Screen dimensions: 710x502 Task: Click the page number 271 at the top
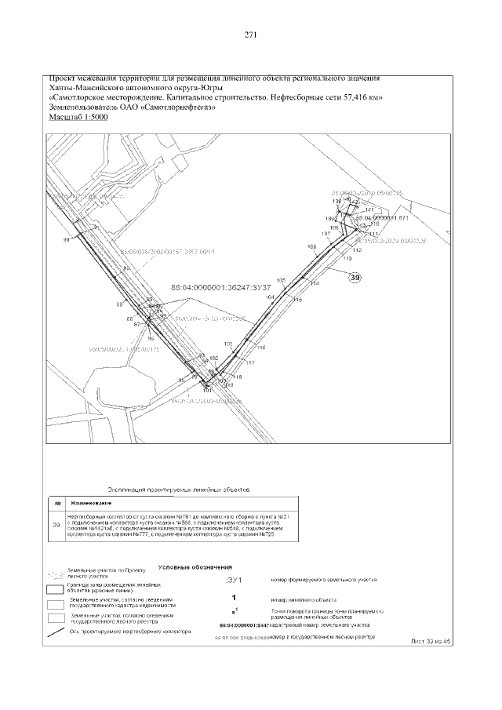[251, 35]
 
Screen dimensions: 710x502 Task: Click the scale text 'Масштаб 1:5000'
[78, 117]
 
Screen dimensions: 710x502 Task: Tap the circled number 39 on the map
[355, 277]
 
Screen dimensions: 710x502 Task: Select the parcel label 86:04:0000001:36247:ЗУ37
[226, 286]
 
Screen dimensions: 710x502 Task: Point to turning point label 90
[67, 239]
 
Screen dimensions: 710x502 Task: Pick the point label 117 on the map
[251, 362]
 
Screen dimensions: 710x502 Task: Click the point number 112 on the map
[357, 250]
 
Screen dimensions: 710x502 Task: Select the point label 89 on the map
[120, 304]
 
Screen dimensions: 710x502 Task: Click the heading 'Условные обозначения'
[195, 566]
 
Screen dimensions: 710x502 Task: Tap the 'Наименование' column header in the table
[91, 502]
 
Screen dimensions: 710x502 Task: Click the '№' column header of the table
[56, 502]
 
